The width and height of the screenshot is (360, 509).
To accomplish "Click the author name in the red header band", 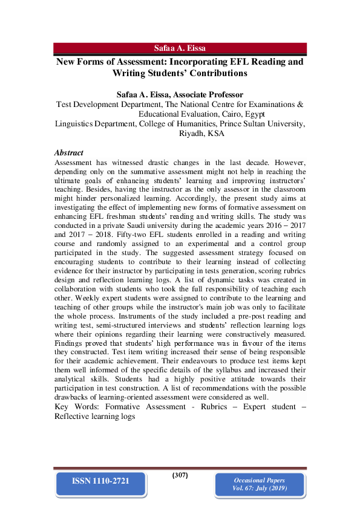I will tap(180, 48).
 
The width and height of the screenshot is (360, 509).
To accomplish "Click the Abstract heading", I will tap(68, 153).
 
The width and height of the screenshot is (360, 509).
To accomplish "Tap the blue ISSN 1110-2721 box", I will tap(100, 481).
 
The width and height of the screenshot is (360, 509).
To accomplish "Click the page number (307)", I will tap(180, 475).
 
